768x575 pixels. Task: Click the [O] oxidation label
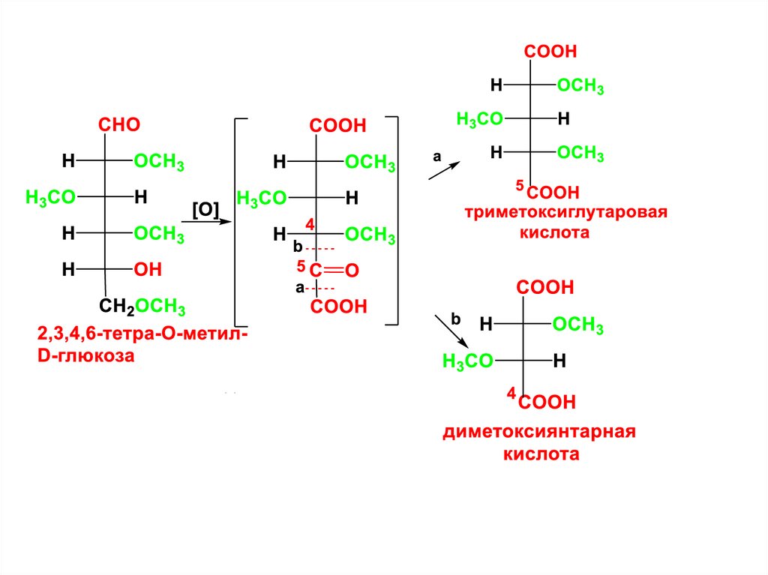(x=205, y=211)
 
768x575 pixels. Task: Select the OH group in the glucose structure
(x=148, y=269)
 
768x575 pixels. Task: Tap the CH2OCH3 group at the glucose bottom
(x=142, y=306)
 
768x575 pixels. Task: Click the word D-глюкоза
(x=85, y=357)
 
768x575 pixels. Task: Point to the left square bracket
(x=238, y=220)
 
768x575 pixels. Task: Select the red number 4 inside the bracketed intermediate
(x=309, y=223)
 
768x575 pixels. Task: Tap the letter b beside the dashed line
(x=297, y=247)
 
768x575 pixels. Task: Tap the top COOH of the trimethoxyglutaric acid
(x=550, y=52)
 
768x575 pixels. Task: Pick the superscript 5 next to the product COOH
(x=518, y=184)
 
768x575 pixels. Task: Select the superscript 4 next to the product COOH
(x=511, y=393)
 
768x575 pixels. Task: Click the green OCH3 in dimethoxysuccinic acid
(x=578, y=325)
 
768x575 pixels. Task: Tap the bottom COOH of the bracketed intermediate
(x=339, y=306)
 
